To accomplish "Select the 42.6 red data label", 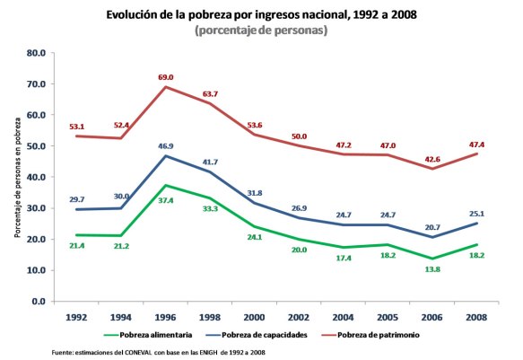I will [431, 158].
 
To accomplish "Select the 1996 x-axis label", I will [166, 318].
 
